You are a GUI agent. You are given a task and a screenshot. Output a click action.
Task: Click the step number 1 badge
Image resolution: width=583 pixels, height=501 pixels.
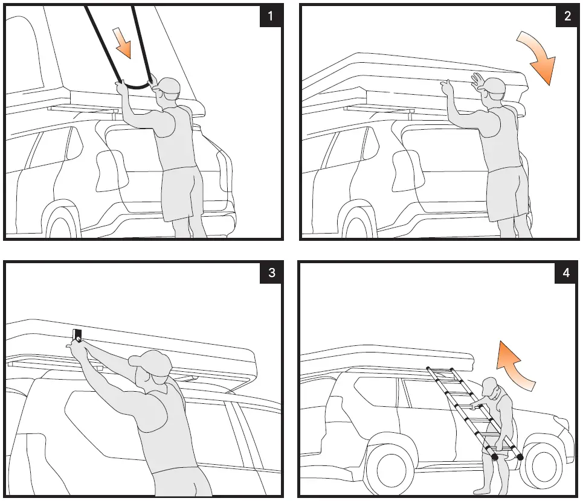tap(270, 16)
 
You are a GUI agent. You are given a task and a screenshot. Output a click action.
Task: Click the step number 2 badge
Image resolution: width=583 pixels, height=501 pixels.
tap(567, 16)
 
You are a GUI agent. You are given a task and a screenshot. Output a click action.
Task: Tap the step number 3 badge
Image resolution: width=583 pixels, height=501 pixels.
tap(271, 273)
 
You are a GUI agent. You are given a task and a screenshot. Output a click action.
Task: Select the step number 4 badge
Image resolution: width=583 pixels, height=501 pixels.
tap(566, 273)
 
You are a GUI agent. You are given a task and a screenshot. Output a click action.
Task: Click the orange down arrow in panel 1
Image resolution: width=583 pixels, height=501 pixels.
tap(123, 43)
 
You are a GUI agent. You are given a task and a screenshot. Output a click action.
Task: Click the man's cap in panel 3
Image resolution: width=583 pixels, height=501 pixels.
tap(150, 360)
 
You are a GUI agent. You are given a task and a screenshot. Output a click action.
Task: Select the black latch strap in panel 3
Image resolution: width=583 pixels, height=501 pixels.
tap(77, 336)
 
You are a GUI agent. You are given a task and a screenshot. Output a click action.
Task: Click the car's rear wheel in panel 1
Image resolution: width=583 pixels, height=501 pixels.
tap(62, 222)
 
